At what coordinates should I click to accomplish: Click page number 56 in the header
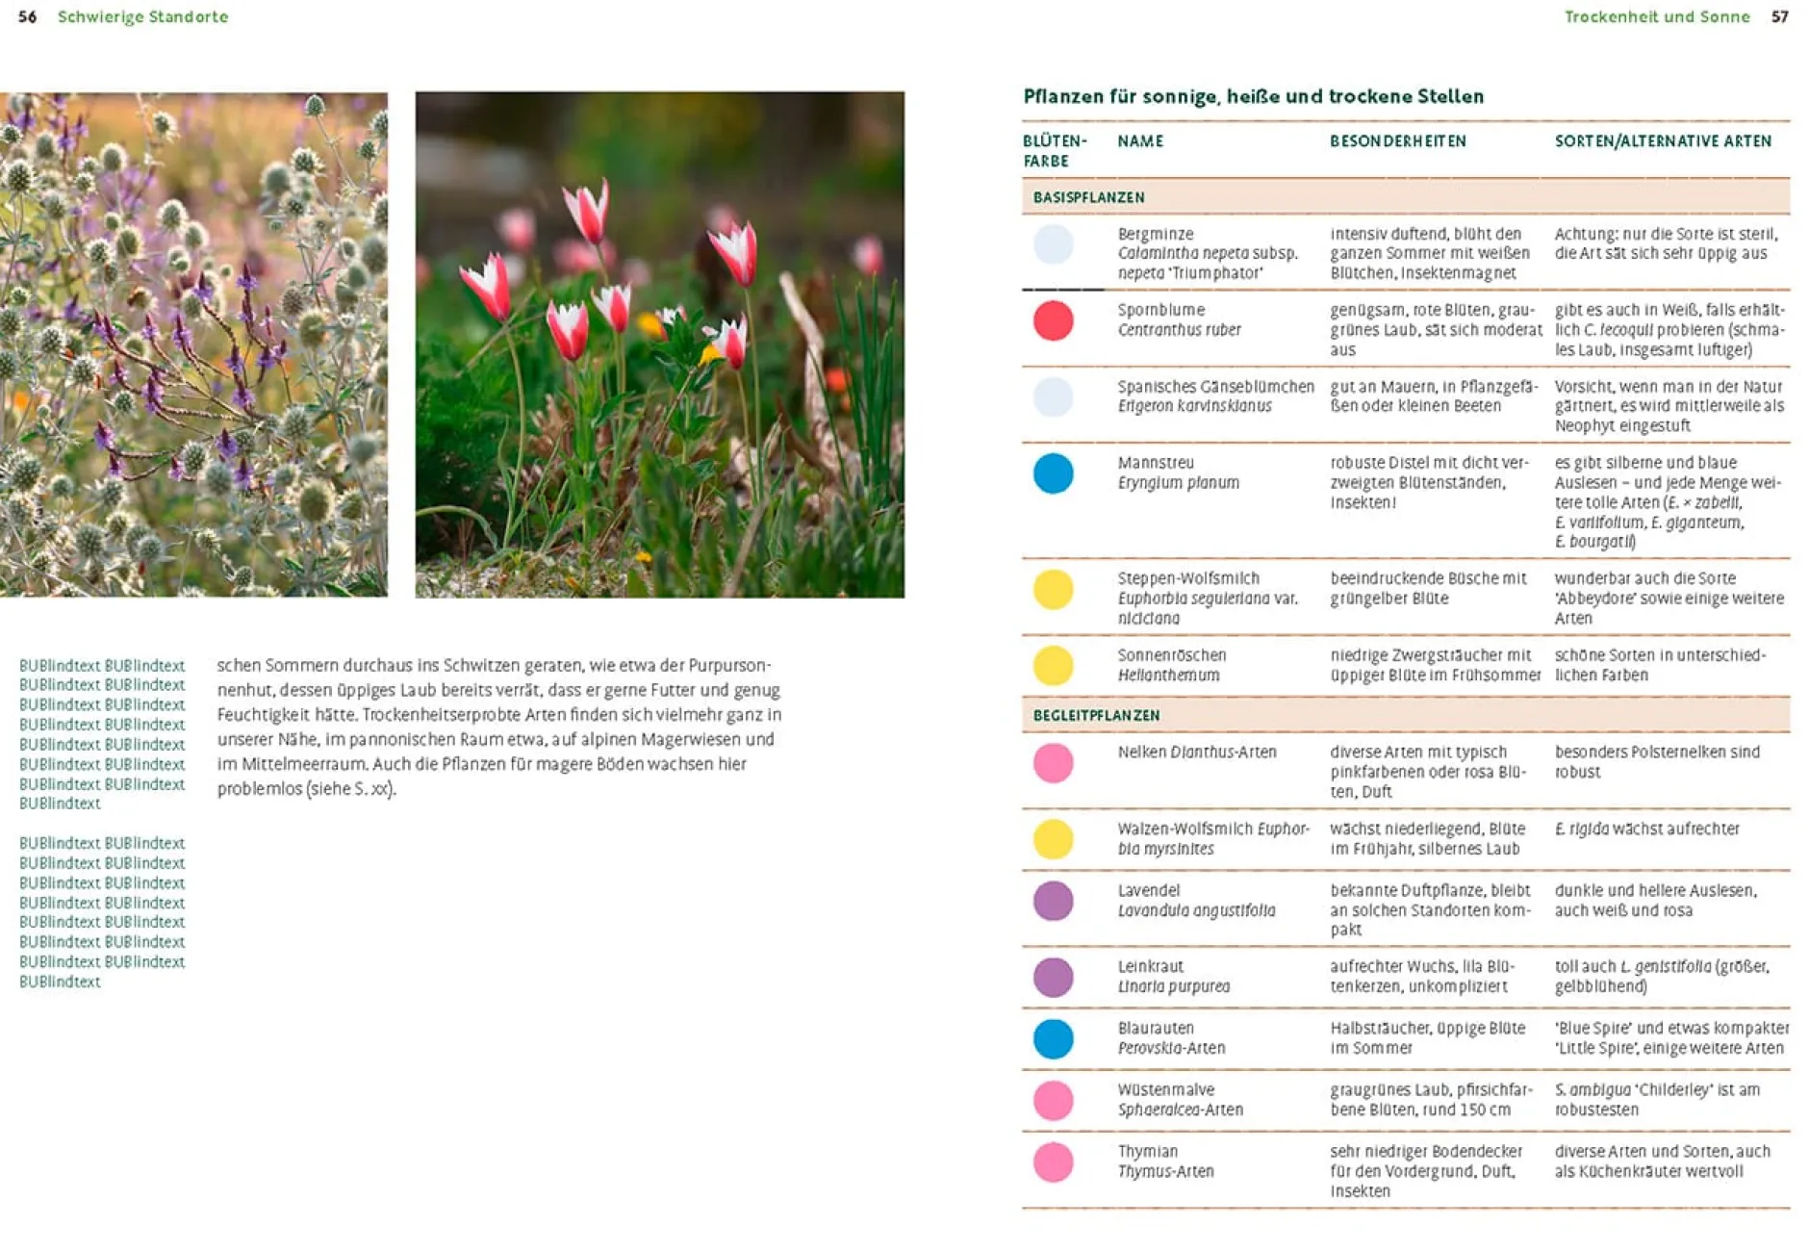coord(27,16)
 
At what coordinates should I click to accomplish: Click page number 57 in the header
coord(1779,16)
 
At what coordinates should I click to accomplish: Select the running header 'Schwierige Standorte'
coord(142,16)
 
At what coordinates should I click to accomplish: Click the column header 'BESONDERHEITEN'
coord(1397,141)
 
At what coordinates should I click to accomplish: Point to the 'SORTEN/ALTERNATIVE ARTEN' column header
coord(1662,141)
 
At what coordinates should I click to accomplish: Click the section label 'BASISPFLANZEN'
coord(1088,197)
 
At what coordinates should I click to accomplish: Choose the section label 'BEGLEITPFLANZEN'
coord(1096,715)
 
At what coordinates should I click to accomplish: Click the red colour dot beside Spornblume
coord(1053,320)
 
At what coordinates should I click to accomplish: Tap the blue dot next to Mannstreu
coord(1053,473)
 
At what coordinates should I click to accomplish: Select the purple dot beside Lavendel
coord(1053,901)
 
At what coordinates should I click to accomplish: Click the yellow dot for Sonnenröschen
coord(1053,665)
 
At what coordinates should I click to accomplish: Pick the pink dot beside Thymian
coord(1053,1162)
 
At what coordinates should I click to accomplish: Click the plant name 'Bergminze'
coord(1155,234)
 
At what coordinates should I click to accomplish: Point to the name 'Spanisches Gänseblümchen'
coord(1215,387)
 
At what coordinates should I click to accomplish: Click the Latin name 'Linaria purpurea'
coord(1173,986)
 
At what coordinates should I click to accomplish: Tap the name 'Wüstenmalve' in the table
coord(1165,1089)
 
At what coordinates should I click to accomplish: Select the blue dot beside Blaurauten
coord(1053,1038)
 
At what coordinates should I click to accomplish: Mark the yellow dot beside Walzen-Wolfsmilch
coord(1053,839)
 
